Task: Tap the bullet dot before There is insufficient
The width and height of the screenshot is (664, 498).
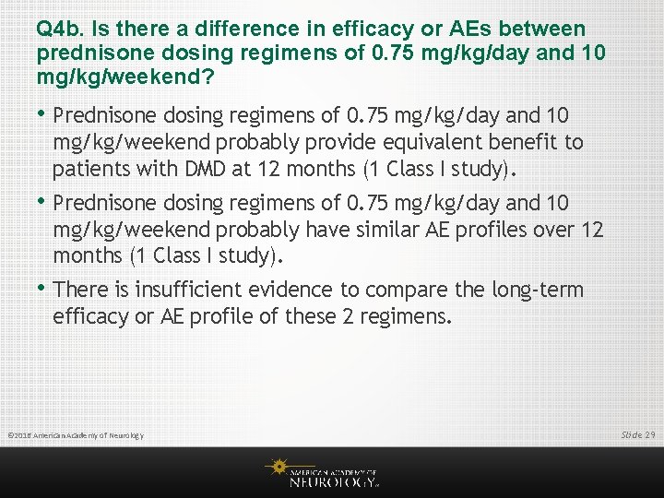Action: click(43, 288)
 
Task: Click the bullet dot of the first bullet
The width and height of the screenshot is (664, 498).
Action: click(43, 113)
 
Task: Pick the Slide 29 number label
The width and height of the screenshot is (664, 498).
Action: click(637, 433)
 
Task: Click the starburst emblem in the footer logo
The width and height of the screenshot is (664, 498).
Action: click(277, 467)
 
